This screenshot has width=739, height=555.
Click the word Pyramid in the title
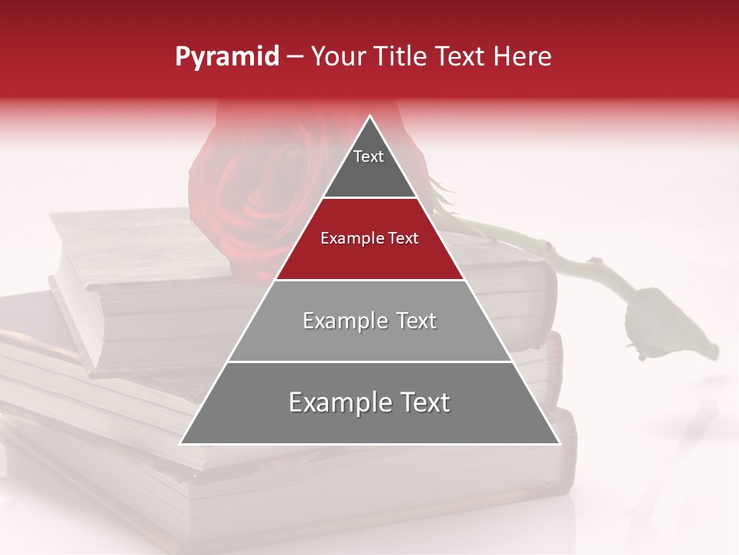(x=226, y=57)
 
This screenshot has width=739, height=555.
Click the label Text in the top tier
(x=369, y=156)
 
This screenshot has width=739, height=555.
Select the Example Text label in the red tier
(x=369, y=238)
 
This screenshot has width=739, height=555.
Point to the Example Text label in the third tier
(x=369, y=321)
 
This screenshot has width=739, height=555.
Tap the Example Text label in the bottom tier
(x=369, y=402)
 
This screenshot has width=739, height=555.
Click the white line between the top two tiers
(x=369, y=197)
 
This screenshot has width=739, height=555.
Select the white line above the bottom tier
(x=369, y=362)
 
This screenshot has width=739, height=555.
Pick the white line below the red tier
(x=369, y=279)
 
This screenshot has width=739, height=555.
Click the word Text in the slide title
(x=463, y=57)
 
